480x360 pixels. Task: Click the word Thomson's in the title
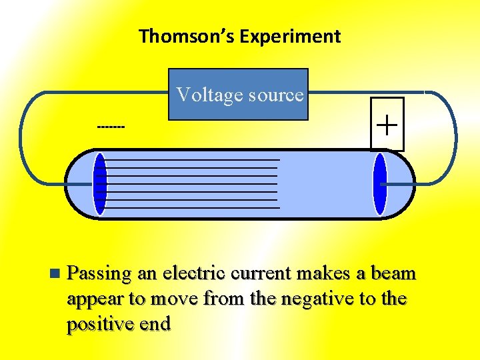(187, 36)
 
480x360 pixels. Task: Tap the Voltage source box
(238, 94)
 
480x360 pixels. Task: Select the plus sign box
(387, 125)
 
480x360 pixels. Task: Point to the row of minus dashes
(111, 126)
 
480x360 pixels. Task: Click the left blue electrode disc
(99, 184)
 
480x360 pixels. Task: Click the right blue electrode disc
(380, 184)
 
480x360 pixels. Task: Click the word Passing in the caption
(99, 274)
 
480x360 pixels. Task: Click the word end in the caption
(155, 324)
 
